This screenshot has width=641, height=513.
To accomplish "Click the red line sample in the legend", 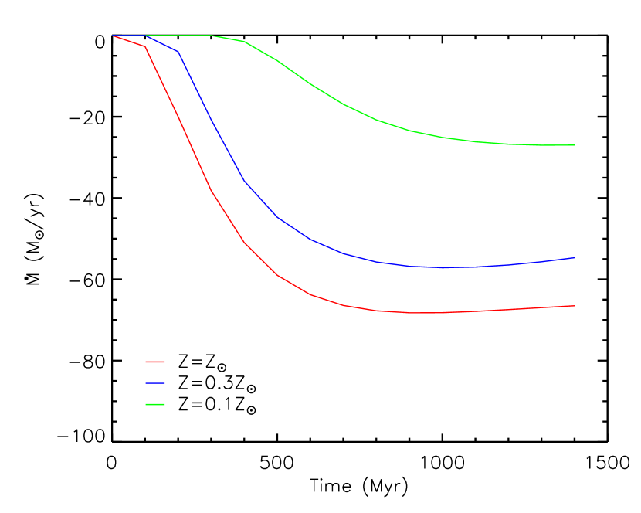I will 155,362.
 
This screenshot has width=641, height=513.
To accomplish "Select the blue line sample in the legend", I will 155,383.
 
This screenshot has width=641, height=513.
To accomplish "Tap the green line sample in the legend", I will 155,404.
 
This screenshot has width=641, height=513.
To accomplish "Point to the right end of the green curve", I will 574,145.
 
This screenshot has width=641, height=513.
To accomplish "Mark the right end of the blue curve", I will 574,258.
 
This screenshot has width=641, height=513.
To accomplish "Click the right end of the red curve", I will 574,306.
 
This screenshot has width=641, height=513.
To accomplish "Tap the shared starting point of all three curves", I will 113,36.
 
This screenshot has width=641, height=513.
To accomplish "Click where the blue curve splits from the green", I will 146,36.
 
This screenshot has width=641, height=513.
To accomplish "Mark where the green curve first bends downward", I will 212,36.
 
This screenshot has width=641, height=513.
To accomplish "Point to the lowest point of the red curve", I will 425,313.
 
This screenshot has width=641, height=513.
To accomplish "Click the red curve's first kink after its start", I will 145,47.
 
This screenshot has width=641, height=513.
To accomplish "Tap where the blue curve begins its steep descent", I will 178,51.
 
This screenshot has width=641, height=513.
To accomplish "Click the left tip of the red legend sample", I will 146,362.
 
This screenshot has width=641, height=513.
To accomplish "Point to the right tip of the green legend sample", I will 164,404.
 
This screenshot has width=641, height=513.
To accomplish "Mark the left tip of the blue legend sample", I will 146,383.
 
